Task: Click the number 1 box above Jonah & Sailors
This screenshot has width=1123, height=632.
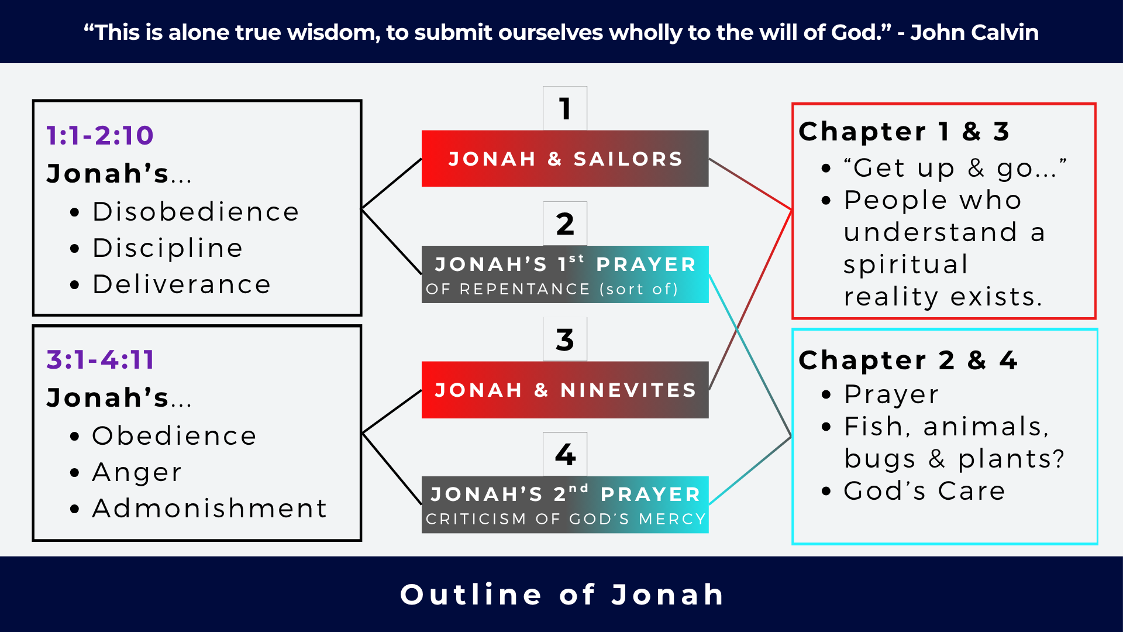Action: pos(564,109)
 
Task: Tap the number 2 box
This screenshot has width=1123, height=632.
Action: pos(564,224)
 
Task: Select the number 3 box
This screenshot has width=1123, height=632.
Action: pos(564,339)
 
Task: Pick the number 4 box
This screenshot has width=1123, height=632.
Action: pos(564,455)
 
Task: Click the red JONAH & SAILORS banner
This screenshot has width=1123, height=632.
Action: pos(564,159)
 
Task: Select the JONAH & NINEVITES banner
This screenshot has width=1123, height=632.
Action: pos(564,390)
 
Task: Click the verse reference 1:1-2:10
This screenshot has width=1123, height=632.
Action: pos(100,136)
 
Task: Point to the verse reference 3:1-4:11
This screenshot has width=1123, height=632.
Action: pos(101,360)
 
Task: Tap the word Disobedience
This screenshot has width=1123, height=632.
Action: pos(195,212)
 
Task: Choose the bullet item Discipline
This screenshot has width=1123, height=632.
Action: pos(168,248)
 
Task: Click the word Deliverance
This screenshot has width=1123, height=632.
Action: pos(181,284)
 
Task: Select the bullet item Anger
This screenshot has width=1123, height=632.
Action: pos(137,472)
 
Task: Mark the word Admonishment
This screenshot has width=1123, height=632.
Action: pos(209,509)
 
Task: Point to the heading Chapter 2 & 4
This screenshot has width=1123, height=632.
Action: pos(908,360)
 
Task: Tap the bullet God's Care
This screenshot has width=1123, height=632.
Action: pos(924,491)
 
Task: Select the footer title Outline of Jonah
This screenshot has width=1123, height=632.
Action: pos(561,595)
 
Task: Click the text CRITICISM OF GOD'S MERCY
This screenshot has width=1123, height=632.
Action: pos(565,519)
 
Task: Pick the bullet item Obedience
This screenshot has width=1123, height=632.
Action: pos(174,436)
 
